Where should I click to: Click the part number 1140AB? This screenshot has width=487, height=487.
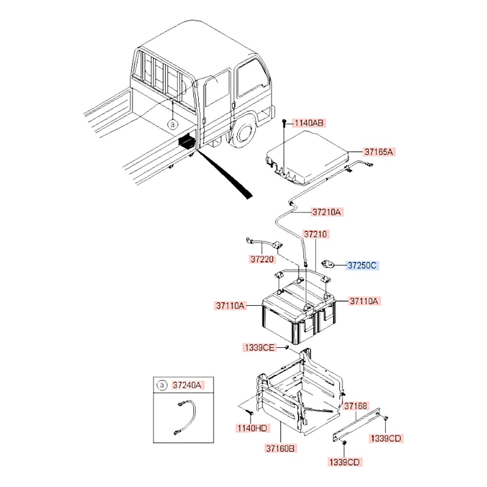[x=308, y=123]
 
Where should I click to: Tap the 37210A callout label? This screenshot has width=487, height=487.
[x=328, y=212]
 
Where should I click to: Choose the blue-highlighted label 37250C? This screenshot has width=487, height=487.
[x=362, y=265]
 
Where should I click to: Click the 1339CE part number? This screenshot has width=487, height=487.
[x=259, y=347]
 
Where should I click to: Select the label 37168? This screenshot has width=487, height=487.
[x=356, y=406]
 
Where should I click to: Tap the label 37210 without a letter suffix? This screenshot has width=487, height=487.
[x=317, y=234]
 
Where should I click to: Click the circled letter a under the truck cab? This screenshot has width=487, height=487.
[x=172, y=125]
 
